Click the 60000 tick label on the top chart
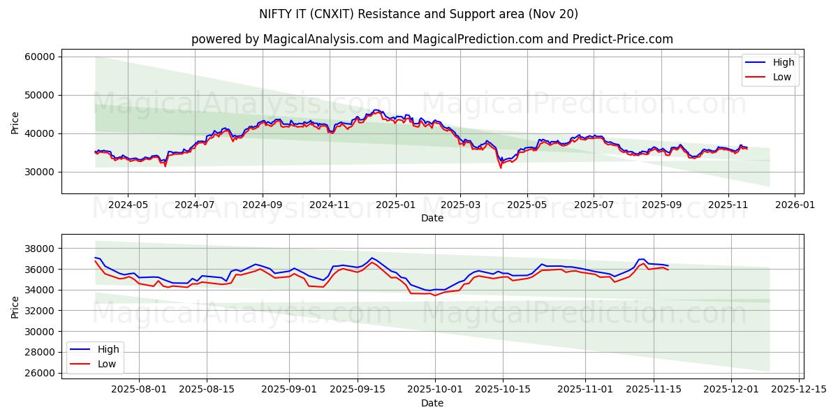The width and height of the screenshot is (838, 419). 40,57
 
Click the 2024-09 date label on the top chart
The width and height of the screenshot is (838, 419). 263,205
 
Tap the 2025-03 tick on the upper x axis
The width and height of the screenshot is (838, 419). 460,205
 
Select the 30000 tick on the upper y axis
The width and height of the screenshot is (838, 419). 40,172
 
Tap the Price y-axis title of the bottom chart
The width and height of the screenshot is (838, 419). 15,306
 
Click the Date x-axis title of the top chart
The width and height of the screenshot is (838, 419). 432,218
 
